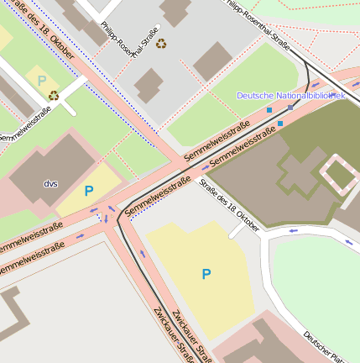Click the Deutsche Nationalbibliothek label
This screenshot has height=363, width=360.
pyautogui.click(x=290, y=96)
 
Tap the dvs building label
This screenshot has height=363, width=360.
pyautogui.click(x=51, y=182)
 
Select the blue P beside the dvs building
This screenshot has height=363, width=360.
pyautogui.click(x=89, y=191)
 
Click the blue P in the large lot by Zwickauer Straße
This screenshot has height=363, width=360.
pyautogui.click(x=206, y=273)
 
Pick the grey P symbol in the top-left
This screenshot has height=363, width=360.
pyautogui.click(x=41, y=82)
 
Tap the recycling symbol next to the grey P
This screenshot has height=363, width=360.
pyautogui.click(x=54, y=95)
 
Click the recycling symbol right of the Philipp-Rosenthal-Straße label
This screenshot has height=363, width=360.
pyautogui.click(x=161, y=43)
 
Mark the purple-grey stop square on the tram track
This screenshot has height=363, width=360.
pyautogui.click(x=290, y=108)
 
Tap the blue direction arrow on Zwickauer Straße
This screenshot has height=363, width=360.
pyautogui.click(x=143, y=255)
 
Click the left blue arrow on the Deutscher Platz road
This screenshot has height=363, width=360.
pyautogui.click(x=293, y=230)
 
